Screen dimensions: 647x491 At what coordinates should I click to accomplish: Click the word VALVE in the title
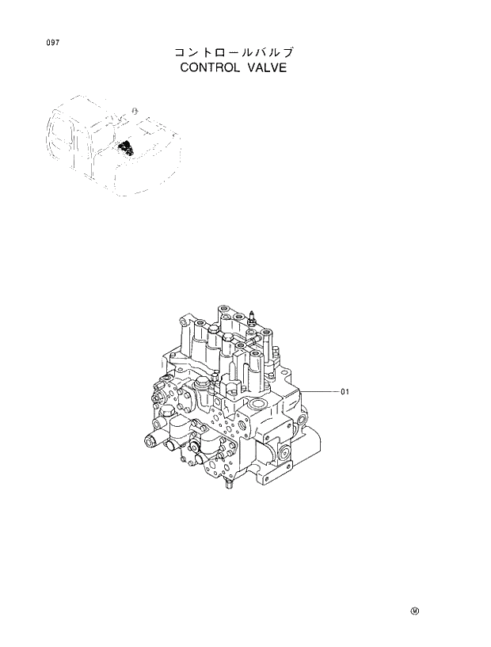[x=266, y=68]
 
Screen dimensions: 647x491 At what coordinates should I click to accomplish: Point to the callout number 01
[x=344, y=391]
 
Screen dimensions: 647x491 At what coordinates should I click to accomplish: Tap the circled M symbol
[x=414, y=610]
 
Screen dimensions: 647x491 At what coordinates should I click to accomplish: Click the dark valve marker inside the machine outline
[x=125, y=147]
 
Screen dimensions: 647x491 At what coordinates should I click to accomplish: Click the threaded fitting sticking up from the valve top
[x=253, y=318]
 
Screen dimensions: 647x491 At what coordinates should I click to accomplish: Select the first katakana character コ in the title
[x=181, y=52]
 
